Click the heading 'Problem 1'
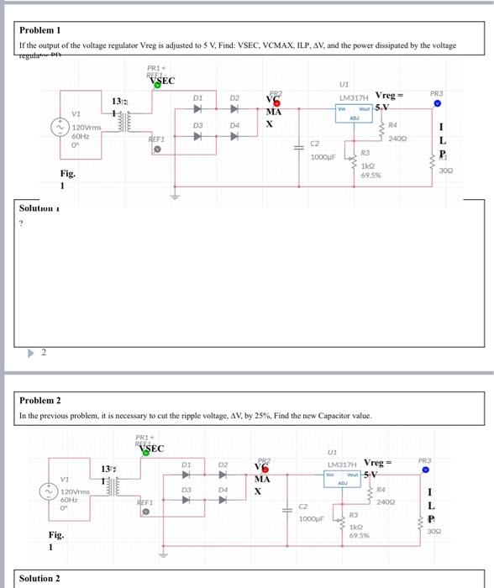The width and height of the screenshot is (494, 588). (39, 29)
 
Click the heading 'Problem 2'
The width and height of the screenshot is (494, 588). (39, 401)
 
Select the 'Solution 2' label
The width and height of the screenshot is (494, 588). (39, 578)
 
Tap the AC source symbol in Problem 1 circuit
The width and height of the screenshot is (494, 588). (60, 127)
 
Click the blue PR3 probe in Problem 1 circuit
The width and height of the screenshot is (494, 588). (437, 105)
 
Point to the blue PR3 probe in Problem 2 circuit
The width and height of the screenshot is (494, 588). (437, 470)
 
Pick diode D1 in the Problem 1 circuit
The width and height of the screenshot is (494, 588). (198, 109)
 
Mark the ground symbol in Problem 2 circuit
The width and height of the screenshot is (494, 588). (176, 557)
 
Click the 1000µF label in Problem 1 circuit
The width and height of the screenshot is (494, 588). (323, 157)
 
